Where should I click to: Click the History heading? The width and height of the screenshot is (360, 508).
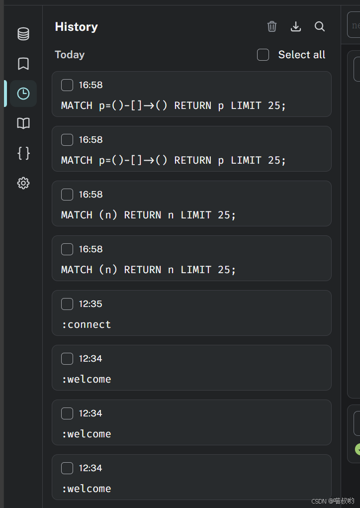tap(76, 27)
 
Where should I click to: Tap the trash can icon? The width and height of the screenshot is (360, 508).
tap(272, 26)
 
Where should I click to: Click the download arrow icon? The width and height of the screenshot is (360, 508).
tap(296, 26)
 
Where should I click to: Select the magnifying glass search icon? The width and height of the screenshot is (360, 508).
tap(320, 26)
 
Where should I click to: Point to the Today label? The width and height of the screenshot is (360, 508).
tap(70, 55)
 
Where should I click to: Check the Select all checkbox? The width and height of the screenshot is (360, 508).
tap(263, 55)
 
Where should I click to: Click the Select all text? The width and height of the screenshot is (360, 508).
tap(301, 55)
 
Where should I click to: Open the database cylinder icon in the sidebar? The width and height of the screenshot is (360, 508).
tap(23, 34)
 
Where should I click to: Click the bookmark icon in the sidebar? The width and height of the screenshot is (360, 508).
tap(23, 64)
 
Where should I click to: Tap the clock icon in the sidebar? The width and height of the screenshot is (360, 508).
tap(23, 94)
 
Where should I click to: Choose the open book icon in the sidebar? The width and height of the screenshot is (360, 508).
tap(23, 123)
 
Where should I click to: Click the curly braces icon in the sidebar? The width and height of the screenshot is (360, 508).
tap(23, 153)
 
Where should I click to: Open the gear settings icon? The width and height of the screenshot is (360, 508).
tap(23, 183)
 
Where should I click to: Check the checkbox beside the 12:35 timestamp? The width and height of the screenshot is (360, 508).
tap(67, 304)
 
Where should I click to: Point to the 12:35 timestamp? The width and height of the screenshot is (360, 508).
tap(90, 304)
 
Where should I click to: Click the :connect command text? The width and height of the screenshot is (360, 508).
tap(86, 324)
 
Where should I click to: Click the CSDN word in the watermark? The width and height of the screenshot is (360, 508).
tap(319, 501)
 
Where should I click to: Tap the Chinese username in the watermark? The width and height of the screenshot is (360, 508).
tap(344, 501)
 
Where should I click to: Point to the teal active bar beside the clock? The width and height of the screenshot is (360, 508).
tap(5, 94)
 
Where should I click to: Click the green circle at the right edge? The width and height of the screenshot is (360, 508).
tap(358, 449)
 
